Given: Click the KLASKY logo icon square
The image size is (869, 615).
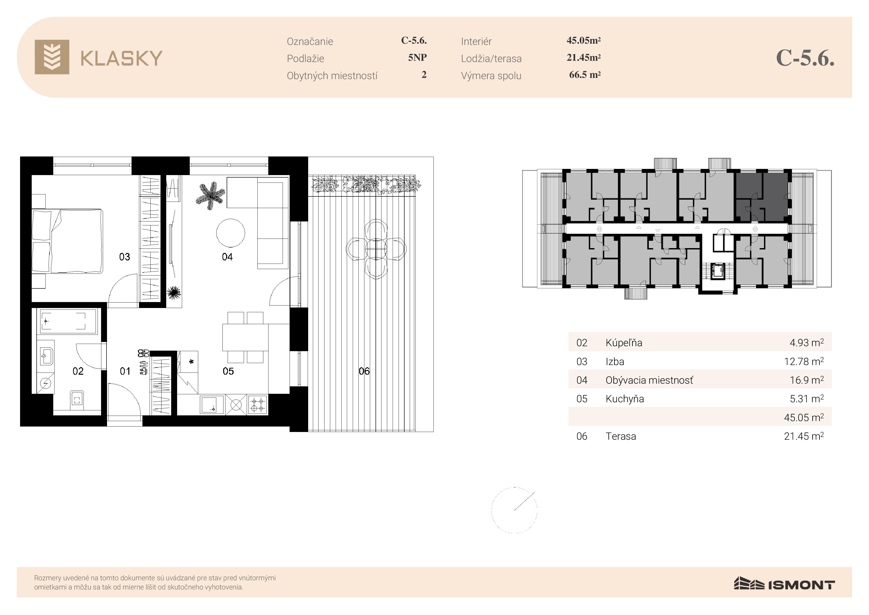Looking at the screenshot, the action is pos(52,57).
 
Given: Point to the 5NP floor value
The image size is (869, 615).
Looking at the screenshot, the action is pos(417,58).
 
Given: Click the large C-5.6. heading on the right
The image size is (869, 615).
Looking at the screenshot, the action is pos(805,58).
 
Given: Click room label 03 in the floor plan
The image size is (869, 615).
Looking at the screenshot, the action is pos(125,257).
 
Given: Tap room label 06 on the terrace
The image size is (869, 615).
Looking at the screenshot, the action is pos(364,371).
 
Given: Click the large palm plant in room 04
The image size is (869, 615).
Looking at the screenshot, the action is pos(210,195).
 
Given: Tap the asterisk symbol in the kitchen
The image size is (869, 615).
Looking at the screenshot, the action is pos(191,362).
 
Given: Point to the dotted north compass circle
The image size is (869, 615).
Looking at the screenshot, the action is pos(514,510).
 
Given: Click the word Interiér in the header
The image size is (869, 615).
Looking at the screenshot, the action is pos(476,41).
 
